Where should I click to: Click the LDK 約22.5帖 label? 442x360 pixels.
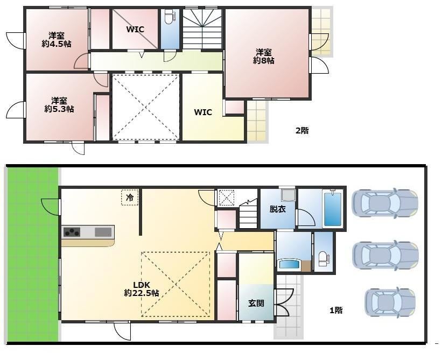(142, 289)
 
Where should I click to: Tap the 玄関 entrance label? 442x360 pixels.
(256, 303)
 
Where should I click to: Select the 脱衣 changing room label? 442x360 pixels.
(278, 209)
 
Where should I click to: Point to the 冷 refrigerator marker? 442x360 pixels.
(130, 197)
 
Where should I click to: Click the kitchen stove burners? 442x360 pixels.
(72, 232)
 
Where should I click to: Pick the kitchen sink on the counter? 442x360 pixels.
(103, 232)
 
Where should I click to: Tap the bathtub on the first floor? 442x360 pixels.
(333, 208)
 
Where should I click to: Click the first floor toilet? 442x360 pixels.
(323, 259)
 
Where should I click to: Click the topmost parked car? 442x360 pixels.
(385, 203)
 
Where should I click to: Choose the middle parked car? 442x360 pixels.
(385, 256)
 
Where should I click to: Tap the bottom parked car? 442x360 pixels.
(390, 302)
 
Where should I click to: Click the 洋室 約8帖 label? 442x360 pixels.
(264, 57)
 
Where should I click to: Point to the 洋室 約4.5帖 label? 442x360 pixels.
(57, 40)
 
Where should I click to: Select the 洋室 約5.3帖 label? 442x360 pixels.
(59, 104)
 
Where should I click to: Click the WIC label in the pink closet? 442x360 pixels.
(135, 29)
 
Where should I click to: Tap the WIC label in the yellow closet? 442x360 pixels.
(203, 112)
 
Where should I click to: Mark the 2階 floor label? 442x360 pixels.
(302, 130)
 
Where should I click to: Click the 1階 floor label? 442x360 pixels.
(336, 310)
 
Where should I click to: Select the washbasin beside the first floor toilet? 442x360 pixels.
(289, 265)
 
